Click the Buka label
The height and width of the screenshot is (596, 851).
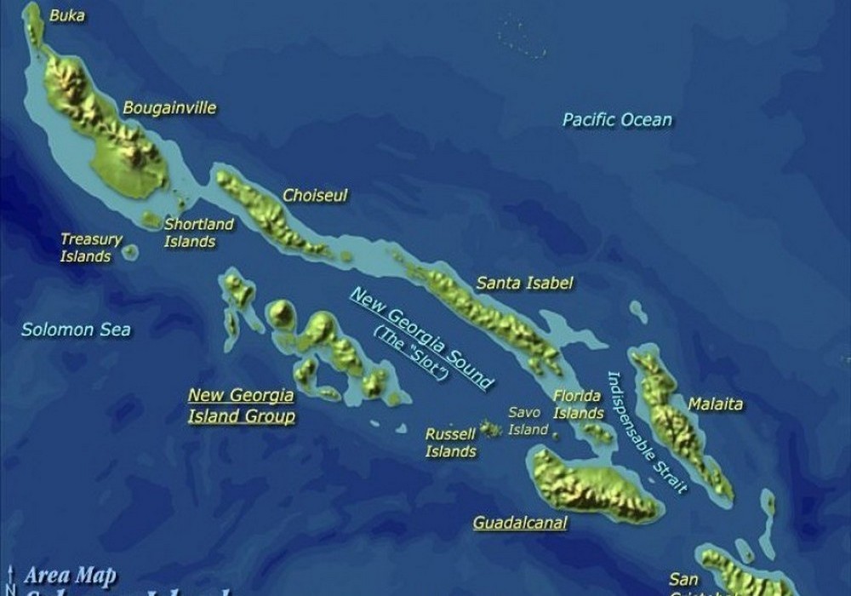(x=67, y=15)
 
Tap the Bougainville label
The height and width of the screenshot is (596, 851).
(x=169, y=108)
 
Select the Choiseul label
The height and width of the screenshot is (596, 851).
(x=315, y=196)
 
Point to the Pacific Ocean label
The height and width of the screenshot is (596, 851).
(x=617, y=120)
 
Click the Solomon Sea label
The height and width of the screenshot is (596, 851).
(x=76, y=330)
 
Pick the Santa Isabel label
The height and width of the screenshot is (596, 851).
(x=524, y=283)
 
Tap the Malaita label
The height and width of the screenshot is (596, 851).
(x=715, y=404)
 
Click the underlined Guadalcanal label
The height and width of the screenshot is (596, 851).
(x=519, y=523)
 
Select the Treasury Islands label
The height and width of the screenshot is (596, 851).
(x=90, y=248)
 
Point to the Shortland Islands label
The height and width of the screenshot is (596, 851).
(x=198, y=232)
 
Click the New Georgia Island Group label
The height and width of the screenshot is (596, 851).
(x=241, y=405)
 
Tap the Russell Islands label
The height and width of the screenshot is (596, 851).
(x=450, y=443)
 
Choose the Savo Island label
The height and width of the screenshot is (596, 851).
(x=528, y=421)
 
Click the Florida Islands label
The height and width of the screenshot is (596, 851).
(x=578, y=404)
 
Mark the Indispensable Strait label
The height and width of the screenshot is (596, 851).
(x=646, y=433)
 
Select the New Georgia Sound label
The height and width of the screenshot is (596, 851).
(x=420, y=337)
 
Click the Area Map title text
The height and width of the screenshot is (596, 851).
(x=70, y=576)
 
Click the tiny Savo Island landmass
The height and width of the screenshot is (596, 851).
(x=555, y=435)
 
